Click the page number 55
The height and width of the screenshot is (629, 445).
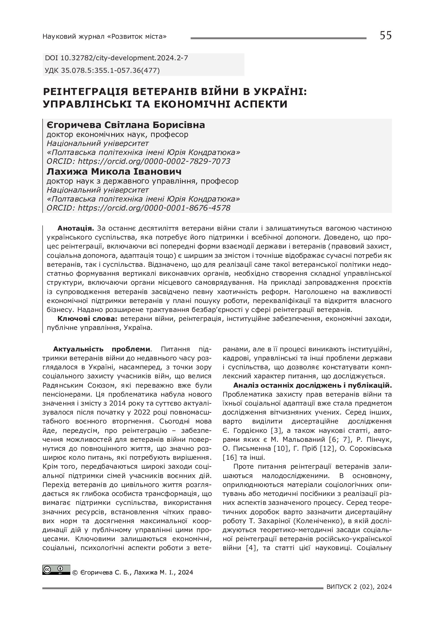point(386,36)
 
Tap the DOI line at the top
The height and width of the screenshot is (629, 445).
point(116,58)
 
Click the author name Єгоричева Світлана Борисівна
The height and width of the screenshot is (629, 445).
point(126,125)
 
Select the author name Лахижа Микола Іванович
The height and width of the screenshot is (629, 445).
point(114,171)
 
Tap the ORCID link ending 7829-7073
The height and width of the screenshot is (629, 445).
point(154,161)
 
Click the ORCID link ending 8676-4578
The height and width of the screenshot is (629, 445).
point(154,208)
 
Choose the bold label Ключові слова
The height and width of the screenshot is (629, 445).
point(88,318)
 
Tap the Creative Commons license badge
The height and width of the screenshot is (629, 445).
point(56,570)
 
